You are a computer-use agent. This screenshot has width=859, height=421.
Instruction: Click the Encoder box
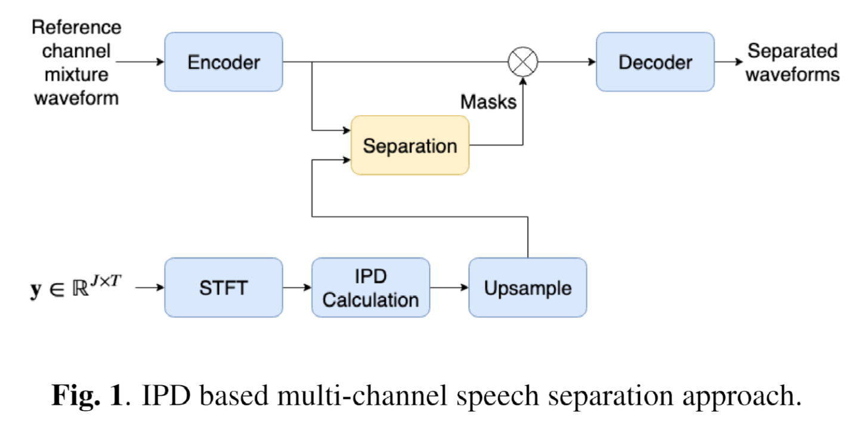coord(223,62)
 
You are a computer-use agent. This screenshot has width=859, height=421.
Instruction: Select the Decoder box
coord(655,62)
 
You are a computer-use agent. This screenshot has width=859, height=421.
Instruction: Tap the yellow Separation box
coord(410,146)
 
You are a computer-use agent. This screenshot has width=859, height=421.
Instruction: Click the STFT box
coord(223,287)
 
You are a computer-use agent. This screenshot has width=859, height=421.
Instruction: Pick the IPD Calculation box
coord(370,287)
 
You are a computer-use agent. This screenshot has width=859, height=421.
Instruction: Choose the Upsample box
coord(527,287)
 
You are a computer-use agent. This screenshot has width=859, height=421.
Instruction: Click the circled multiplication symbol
coord(523,61)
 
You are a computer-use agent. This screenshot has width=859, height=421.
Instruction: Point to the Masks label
coord(488,102)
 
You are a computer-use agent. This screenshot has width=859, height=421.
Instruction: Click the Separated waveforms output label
coord(793,62)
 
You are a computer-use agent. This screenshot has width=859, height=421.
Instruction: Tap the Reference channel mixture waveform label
coord(76,62)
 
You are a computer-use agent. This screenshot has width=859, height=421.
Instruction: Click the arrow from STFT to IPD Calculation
coord(296,287)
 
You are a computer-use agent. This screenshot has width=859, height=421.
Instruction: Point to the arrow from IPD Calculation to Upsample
coord(449,287)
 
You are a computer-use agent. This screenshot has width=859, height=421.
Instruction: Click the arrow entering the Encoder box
coord(140,61)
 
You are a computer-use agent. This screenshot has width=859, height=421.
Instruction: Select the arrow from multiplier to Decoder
coord(567,61)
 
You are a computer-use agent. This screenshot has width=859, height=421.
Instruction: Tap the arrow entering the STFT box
coord(149,287)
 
